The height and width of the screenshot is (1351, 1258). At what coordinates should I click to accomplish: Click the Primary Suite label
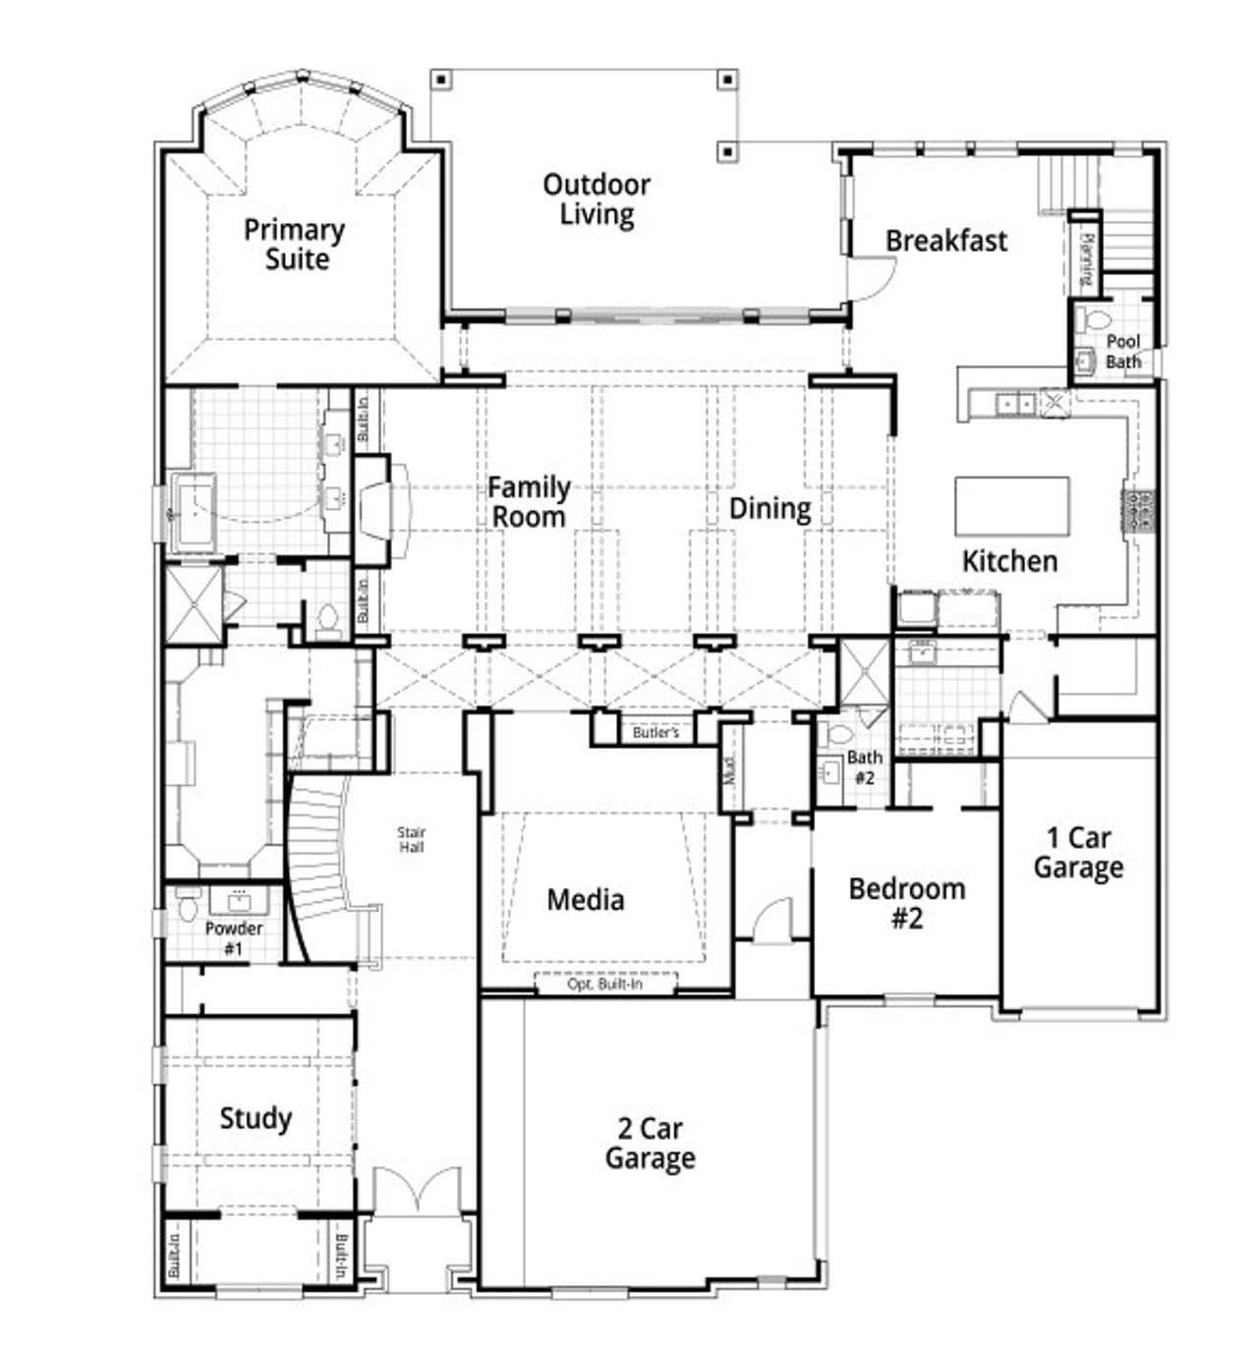coord(294,245)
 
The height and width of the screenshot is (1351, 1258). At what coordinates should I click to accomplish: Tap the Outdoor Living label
coord(597,199)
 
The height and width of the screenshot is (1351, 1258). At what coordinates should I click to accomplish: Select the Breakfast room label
coord(945,241)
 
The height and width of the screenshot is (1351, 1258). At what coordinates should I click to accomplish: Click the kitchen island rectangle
coord(1011,505)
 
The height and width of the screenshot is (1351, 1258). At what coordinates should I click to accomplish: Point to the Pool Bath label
coord(1122,352)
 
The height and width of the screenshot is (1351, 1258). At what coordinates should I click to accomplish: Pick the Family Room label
coord(529,502)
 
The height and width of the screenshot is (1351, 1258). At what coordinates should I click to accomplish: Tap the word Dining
coord(770,509)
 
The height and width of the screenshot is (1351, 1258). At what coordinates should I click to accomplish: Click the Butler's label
coord(655,733)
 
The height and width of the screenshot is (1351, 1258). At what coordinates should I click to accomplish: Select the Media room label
coord(585,900)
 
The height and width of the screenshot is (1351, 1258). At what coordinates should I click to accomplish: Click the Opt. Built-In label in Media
coord(605,984)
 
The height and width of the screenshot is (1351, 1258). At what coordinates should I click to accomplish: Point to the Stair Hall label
coord(412,840)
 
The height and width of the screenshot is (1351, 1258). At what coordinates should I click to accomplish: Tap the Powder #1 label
coord(233,938)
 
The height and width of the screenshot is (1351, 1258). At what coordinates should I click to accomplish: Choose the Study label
coord(256,1118)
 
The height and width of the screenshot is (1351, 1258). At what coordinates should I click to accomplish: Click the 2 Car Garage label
coord(650,1144)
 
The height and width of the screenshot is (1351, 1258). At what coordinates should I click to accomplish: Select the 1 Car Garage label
coord(1078,853)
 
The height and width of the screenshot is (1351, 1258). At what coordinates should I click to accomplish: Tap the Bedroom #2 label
coord(906,904)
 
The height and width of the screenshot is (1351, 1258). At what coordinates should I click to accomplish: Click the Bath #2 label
coord(864,766)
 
